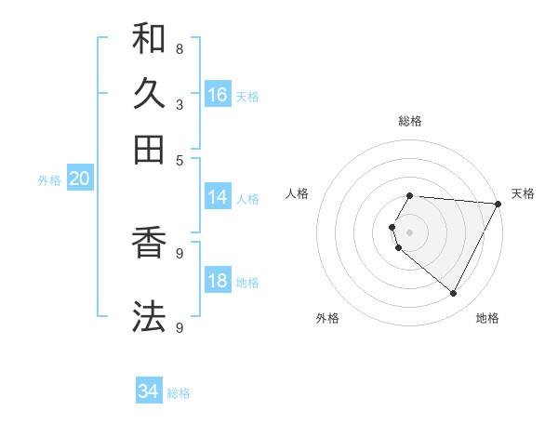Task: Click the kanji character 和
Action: (x=149, y=39)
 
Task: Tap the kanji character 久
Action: (x=149, y=94)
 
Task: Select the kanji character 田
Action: (x=149, y=149)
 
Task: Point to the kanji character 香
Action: (x=149, y=243)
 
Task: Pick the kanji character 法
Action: (x=149, y=316)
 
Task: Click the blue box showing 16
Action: (x=218, y=95)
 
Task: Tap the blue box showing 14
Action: (x=218, y=197)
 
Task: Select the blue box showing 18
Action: (x=218, y=282)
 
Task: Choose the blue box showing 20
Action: (x=79, y=179)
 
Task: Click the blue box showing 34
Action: (x=149, y=392)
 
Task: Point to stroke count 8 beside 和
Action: (x=179, y=47)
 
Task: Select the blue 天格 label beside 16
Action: (x=247, y=97)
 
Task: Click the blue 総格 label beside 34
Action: (x=179, y=394)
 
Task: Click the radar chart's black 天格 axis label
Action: (x=523, y=193)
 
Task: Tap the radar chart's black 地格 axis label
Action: (x=487, y=318)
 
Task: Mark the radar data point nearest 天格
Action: (x=498, y=204)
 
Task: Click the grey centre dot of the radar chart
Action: (x=410, y=232)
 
